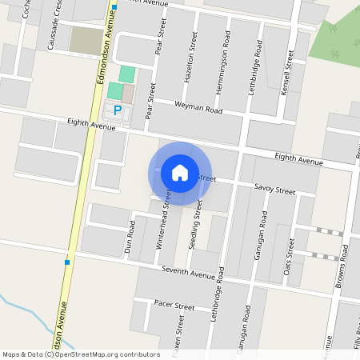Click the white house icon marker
pos(180,173)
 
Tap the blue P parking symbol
pos(118,110)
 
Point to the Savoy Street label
pos(275,190)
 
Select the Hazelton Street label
pos(192,58)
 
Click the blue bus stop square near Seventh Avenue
pos(67,262)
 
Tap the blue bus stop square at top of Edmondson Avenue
pos(114,7)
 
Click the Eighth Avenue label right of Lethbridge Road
pos(298,161)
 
